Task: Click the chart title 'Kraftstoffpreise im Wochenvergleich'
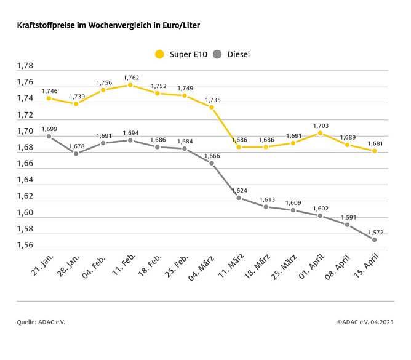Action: tap(108, 26)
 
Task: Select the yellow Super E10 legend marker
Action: tap(160, 54)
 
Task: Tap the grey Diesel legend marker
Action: tap(217, 54)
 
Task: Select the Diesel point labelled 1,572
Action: tap(374, 239)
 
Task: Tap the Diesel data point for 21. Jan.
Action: tap(49, 136)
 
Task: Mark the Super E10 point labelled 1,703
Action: tap(320, 133)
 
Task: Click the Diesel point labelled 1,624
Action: tap(239, 198)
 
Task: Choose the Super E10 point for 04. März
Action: tap(212, 107)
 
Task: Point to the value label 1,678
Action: tap(76, 146)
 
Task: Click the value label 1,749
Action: tap(185, 88)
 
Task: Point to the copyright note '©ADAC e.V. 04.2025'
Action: tap(365, 322)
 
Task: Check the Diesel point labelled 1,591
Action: tap(347, 225)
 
